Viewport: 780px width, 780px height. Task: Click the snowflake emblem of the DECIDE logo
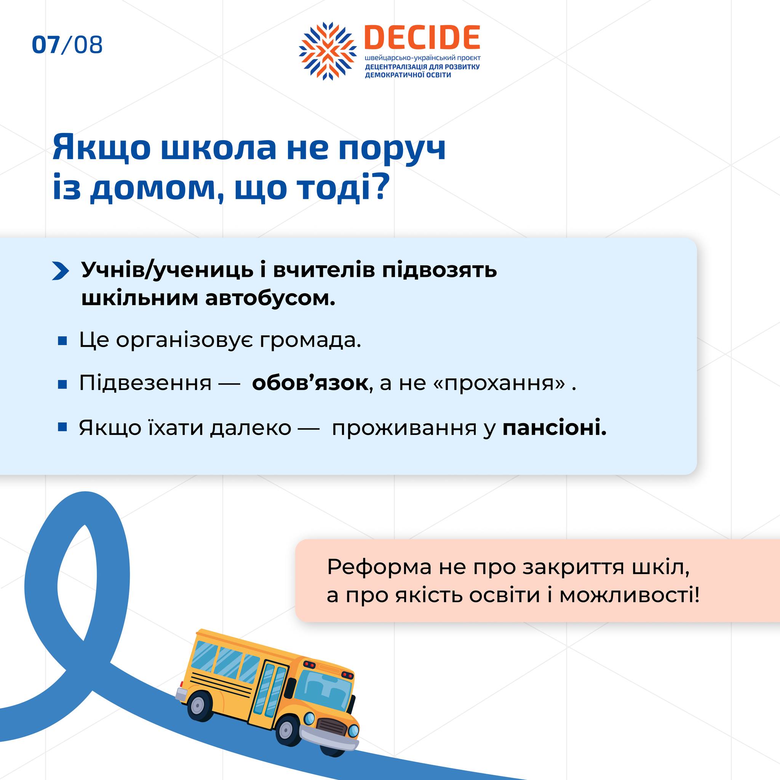(328, 51)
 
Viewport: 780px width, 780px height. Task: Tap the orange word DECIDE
(422, 37)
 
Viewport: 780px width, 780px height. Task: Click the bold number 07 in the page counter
(46, 45)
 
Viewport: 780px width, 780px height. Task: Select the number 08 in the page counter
(88, 45)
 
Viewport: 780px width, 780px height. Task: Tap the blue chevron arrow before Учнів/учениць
(61, 271)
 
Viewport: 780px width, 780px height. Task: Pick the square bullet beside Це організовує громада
(62, 342)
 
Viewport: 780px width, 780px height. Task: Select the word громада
(310, 340)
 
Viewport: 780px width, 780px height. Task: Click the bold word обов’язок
(310, 383)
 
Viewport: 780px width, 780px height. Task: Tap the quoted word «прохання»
(499, 383)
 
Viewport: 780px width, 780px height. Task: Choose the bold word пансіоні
(555, 428)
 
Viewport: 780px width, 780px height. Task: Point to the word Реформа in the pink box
(379, 567)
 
